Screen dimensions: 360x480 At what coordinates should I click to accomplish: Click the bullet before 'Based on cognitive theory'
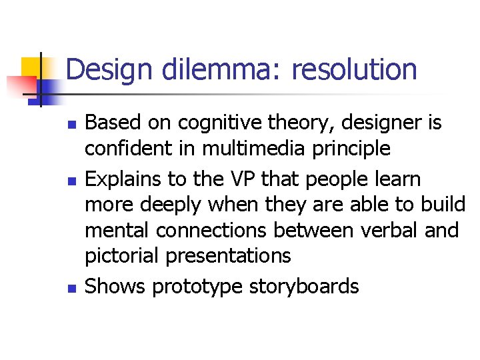[73, 125]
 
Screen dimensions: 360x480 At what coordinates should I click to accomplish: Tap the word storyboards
[304, 287]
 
